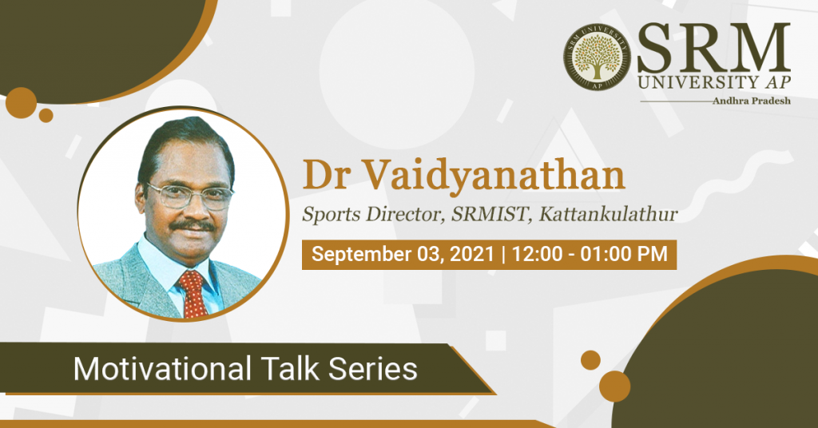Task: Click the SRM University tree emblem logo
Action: coord(598,57)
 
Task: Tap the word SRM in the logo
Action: coord(713,49)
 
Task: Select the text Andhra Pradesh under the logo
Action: coord(751,101)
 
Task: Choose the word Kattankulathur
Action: coord(608,214)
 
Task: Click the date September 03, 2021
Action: coord(403,255)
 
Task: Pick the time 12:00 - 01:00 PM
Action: coord(590,254)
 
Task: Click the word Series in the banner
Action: coord(373,369)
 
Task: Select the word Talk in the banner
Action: coord(290,368)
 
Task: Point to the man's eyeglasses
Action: coord(189,196)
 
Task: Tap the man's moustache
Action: coord(193,226)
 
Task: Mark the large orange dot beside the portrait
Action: coord(21,103)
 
